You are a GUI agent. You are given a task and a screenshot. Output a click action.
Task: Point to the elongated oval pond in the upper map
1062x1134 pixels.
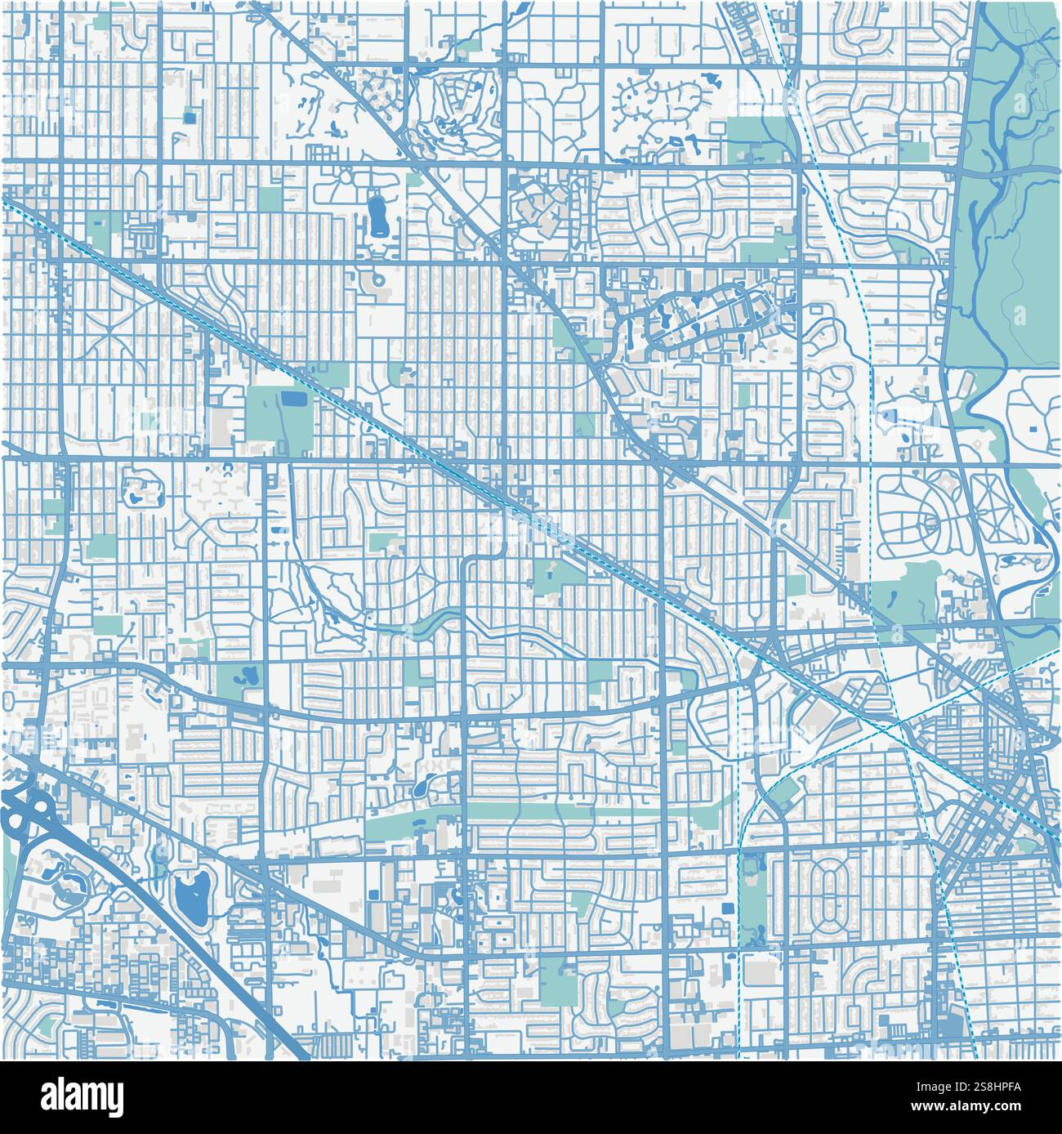tap(377, 214)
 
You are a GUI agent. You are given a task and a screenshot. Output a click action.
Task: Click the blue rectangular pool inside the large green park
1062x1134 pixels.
tap(291, 400)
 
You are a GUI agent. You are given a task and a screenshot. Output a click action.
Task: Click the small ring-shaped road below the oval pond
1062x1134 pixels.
tap(378, 281)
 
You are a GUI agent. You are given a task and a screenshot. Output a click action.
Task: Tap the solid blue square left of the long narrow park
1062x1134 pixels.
tap(727, 910)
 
